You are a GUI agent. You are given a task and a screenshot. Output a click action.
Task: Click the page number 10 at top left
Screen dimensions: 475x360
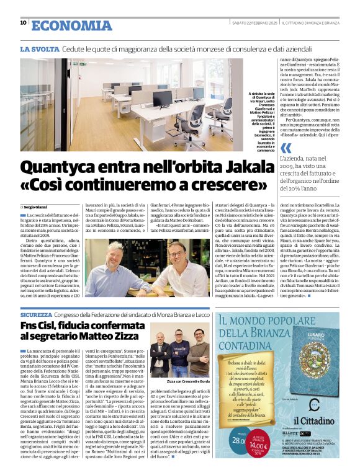click(x=23, y=23)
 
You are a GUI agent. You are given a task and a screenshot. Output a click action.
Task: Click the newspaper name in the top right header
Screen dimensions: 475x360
click(x=310, y=24)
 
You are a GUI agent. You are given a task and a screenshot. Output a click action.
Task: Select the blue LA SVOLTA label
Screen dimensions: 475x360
click(x=40, y=48)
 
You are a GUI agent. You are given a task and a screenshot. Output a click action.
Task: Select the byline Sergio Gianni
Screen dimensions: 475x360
click(x=37, y=206)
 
